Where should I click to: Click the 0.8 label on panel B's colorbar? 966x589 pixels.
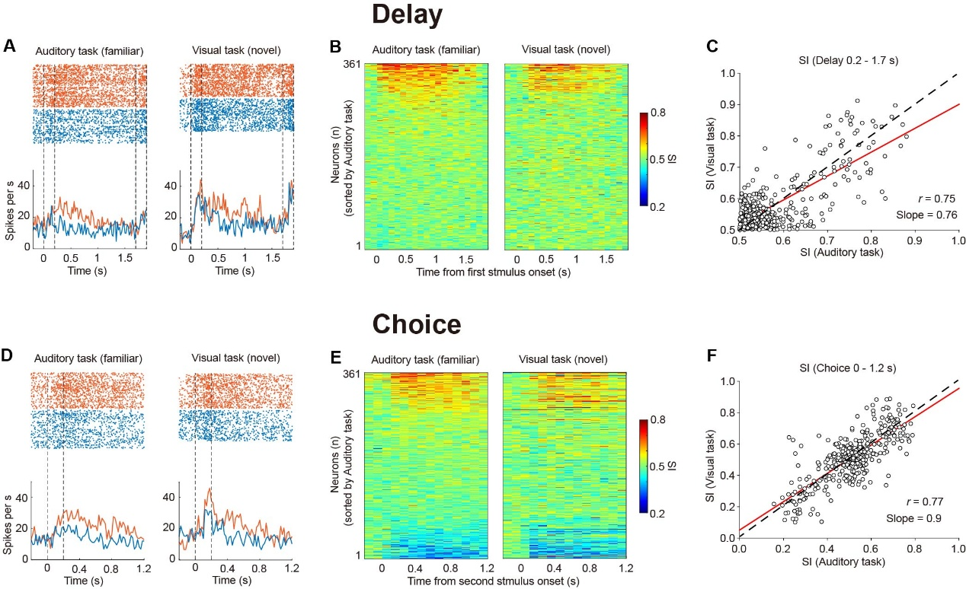[x=655, y=113]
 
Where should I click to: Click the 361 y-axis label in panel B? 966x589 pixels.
[x=351, y=64]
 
